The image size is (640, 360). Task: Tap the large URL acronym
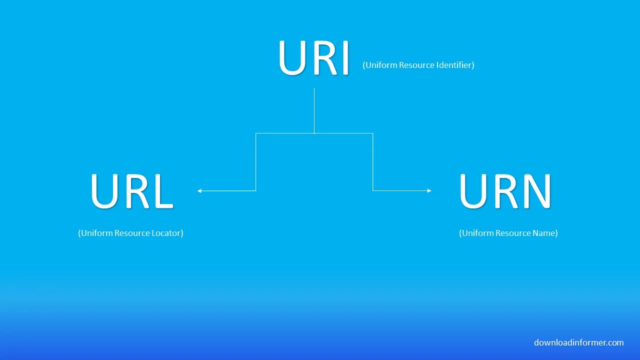pos(131,191)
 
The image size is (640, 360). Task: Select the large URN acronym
pos(505,191)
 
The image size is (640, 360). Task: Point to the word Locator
pos(166,233)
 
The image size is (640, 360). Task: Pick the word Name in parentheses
pos(545,233)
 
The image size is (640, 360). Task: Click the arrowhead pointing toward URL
pos(199,190)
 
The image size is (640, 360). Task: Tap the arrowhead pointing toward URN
pos(429,190)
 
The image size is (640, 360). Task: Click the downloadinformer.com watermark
pos(578,342)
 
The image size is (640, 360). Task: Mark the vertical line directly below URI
pos(314,110)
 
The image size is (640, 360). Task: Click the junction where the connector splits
pos(314,133)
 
